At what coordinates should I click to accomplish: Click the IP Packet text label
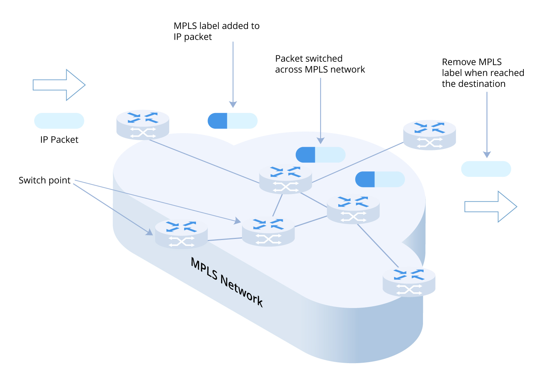pos(59,140)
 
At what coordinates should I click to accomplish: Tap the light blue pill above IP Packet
pos(59,121)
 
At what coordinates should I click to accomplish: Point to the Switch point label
pos(44,180)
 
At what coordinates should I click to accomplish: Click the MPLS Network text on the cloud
pos(227,282)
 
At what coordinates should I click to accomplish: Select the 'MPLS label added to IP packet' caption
pos(217,31)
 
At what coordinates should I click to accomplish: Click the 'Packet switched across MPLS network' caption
pos(320,64)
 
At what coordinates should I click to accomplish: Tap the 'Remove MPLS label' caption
pos(483,73)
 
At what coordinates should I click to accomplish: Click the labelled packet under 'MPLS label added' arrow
pos(233,121)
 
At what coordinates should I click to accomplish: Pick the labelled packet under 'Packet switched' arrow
pos(320,155)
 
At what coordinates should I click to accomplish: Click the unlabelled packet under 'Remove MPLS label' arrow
pos(486,169)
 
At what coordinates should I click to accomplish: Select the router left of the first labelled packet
pos(143,125)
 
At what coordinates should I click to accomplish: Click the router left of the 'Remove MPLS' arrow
pos(429,135)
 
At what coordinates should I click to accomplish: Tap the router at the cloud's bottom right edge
pos(409,282)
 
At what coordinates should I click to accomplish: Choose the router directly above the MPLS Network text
pos(268,232)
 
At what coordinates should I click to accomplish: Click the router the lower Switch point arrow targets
pos(181,234)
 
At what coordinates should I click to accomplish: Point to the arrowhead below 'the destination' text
pos(487,155)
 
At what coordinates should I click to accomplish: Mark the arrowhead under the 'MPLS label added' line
pos(233,104)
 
